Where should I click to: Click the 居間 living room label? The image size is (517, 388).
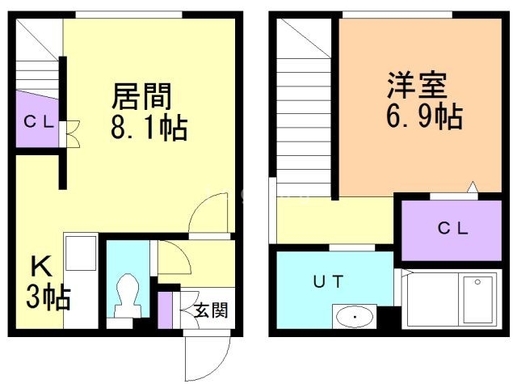142,96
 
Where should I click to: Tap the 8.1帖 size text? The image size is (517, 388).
149,128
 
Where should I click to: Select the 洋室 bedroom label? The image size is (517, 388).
418,85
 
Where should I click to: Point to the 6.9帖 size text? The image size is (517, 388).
425,116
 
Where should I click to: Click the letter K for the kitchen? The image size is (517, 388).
41,267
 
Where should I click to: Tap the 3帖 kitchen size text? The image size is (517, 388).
48,297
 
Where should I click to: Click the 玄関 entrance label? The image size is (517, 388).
211,310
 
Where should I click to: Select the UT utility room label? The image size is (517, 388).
329,281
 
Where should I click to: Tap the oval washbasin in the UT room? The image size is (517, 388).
355,317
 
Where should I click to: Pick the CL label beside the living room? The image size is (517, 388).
39,122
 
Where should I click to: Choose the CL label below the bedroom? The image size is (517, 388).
452,228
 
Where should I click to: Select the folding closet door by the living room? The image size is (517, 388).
73,133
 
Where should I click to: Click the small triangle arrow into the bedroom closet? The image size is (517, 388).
473,187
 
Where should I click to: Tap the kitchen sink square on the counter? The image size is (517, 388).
81,253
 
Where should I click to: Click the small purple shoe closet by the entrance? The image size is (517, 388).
165,310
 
